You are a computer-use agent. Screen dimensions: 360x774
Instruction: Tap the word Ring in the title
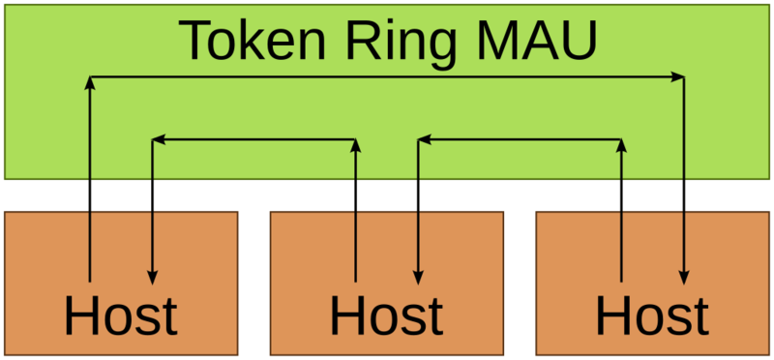(392, 40)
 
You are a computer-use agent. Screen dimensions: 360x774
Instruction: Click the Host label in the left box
(121, 315)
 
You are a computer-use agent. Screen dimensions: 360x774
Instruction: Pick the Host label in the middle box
(386, 315)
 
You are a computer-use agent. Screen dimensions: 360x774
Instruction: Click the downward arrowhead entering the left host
(152, 276)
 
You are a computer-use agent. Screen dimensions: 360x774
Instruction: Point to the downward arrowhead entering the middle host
(418, 276)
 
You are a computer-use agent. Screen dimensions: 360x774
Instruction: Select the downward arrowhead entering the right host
(684, 276)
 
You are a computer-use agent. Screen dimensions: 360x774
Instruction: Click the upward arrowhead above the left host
(89, 83)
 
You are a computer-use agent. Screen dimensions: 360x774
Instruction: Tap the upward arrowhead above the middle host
(355, 147)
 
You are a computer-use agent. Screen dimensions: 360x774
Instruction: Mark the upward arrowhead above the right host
(621, 147)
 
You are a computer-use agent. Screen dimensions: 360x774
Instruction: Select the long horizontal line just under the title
(387, 75)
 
